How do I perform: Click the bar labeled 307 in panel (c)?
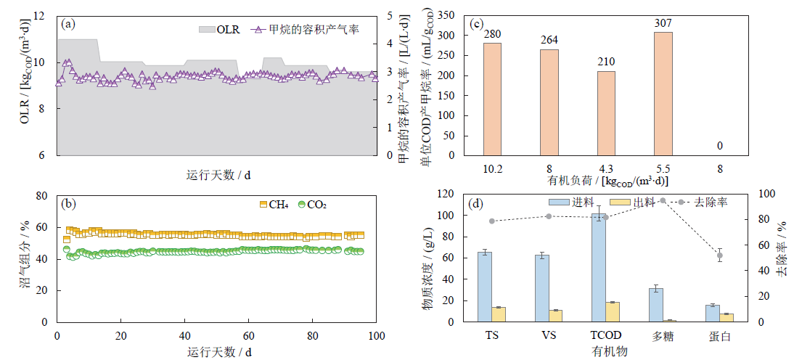[x=663, y=93]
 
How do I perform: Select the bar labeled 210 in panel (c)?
[x=605, y=112]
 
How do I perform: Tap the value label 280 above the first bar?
[x=492, y=33]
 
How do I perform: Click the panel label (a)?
[x=69, y=24]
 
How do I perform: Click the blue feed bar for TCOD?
[x=599, y=268]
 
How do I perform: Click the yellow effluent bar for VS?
[x=556, y=316]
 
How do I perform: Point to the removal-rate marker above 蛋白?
[x=720, y=255]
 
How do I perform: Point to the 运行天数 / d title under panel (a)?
[x=218, y=175]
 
